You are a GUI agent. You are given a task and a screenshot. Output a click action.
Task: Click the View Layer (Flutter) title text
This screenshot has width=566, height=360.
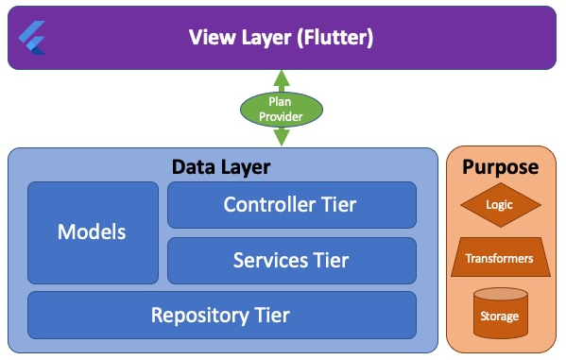point(281,38)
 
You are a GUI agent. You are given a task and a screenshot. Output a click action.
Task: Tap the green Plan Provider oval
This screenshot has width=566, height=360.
point(282,109)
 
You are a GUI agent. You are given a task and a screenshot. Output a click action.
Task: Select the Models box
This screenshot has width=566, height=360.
point(93,231)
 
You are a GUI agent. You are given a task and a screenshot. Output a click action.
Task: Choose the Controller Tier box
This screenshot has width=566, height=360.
point(291,205)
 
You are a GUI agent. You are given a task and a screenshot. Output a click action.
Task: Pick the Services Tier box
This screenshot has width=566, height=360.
point(291,260)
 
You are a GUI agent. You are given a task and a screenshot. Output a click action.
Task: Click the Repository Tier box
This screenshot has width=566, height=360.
point(221,315)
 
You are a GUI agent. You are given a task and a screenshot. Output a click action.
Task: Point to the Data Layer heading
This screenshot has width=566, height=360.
point(221,167)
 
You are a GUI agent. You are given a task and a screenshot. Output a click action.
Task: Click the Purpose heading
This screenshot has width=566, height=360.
point(500,167)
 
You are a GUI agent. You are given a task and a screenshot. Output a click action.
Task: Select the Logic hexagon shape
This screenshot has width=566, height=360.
point(500,204)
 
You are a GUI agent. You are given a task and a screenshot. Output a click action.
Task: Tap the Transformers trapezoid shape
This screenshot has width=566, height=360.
point(500,258)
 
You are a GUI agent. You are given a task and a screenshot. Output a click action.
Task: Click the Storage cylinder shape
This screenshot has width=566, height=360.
point(500,314)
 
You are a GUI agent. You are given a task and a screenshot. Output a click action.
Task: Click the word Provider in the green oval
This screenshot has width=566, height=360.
point(282,115)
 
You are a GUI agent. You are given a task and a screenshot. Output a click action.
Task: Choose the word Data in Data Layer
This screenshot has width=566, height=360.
point(194,167)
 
